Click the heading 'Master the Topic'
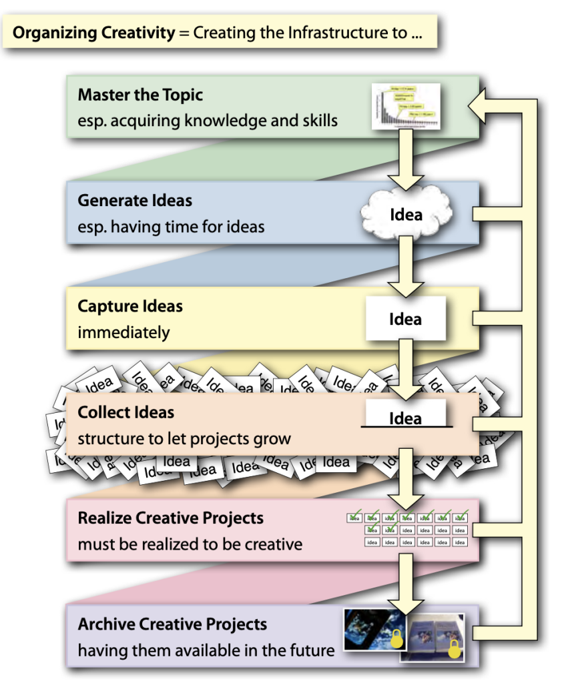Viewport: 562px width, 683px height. pos(140,95)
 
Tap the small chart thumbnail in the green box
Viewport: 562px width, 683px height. pos(407,107)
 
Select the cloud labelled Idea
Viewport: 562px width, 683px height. pos(406,214)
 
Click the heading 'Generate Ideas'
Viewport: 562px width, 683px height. pos(135,200)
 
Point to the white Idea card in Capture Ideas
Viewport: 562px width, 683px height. pos(405,319)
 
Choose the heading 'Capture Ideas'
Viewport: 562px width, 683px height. pos(130,306)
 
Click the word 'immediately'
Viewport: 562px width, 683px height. pos(123,332)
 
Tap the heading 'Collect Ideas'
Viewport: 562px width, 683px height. pos(125,412)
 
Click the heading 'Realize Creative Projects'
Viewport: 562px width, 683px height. pos(170,518)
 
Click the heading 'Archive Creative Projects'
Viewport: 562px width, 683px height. pos(172,625)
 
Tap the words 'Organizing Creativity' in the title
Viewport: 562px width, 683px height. pos(93,33)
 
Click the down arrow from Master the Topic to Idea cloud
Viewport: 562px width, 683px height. pos(405,160)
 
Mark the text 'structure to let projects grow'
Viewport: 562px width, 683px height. pos(184,440)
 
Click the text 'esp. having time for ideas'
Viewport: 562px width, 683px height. pos(171,227)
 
